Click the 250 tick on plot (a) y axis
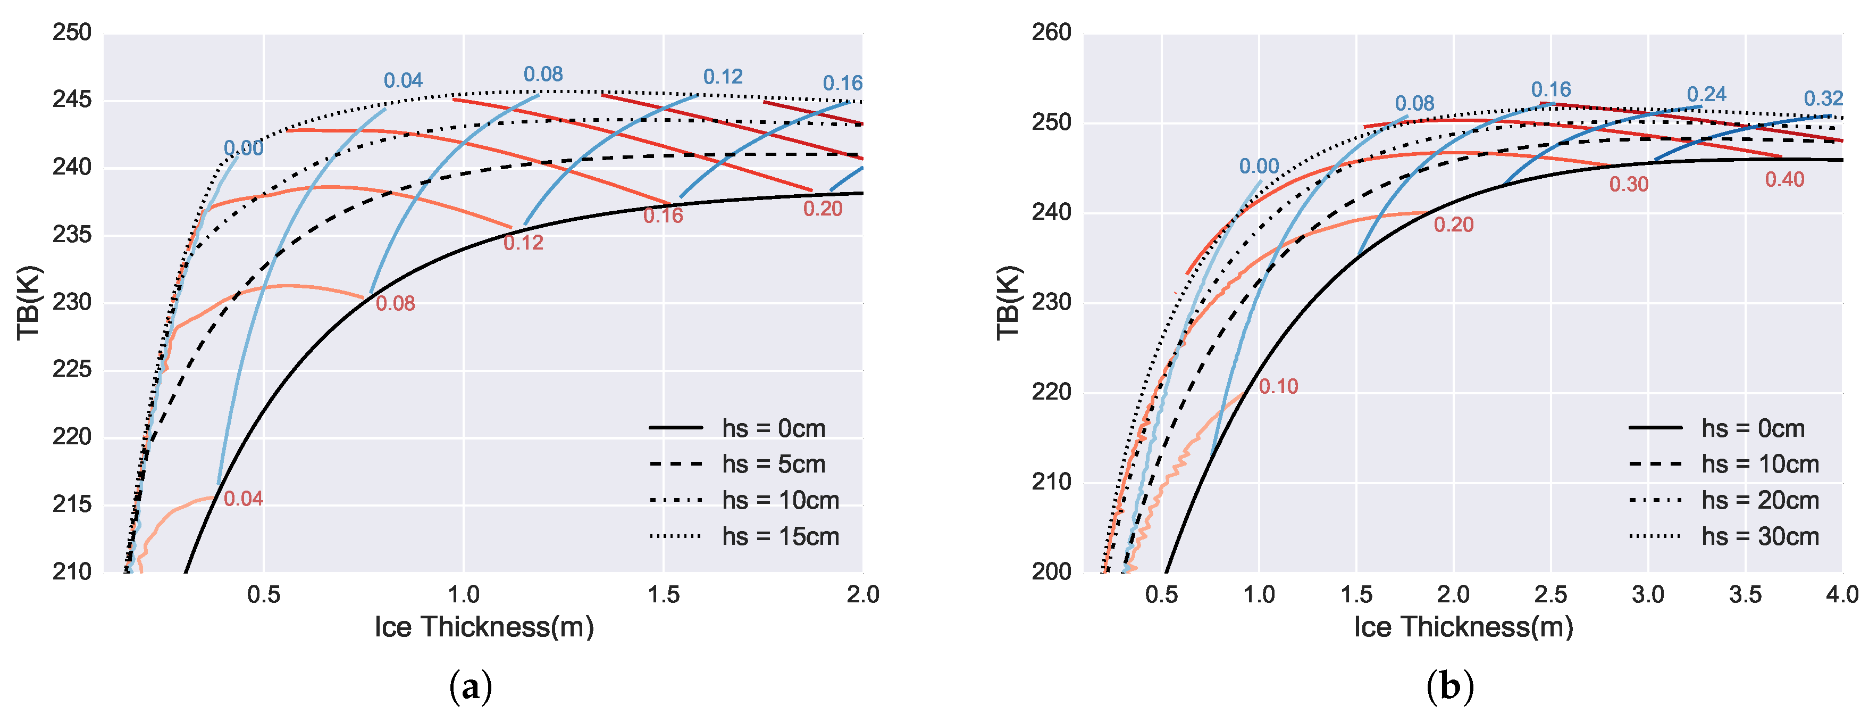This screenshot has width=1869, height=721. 72,32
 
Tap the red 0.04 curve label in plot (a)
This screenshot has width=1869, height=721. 243,499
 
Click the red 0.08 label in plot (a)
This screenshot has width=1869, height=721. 396,303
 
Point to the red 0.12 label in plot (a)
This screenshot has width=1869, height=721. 523,243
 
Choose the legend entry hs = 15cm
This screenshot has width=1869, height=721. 780,536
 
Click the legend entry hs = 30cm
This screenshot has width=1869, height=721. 1759,536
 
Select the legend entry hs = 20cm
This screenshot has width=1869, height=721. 1759,500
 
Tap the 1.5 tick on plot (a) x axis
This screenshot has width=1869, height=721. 663,595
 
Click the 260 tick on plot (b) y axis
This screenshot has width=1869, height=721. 1051,32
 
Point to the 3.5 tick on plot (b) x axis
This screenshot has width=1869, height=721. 1745,595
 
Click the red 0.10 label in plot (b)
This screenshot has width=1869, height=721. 1278,386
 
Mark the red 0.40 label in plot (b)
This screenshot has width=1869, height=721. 1784,179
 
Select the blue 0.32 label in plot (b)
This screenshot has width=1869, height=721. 1823,98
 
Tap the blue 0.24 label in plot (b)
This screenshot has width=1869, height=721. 1706,94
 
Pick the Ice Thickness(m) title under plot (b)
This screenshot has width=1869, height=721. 1463,627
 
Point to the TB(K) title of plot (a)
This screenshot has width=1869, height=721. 30,303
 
